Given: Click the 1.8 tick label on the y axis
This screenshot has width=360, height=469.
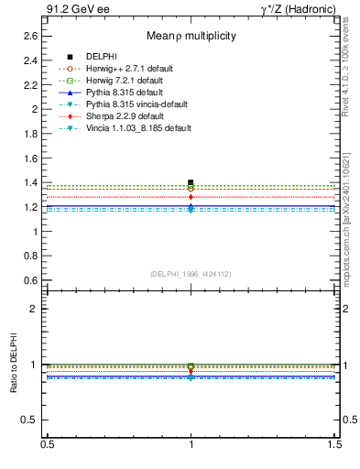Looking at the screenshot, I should point(31,134).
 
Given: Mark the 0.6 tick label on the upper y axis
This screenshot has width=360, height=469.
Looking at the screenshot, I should point(31,281).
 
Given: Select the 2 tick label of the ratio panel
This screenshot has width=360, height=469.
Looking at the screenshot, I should point(35,310).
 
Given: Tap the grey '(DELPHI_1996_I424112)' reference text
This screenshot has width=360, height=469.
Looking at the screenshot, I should point(191,273).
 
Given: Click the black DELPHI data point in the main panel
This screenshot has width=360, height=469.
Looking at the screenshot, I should point(191,182).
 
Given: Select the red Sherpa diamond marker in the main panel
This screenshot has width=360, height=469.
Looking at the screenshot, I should point(191,197).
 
